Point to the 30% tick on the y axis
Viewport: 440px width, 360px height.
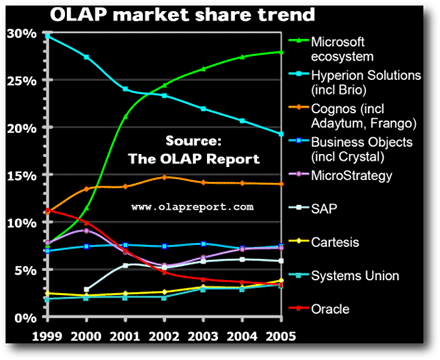coord(21,34)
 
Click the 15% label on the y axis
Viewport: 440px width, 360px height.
coord(21,176)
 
